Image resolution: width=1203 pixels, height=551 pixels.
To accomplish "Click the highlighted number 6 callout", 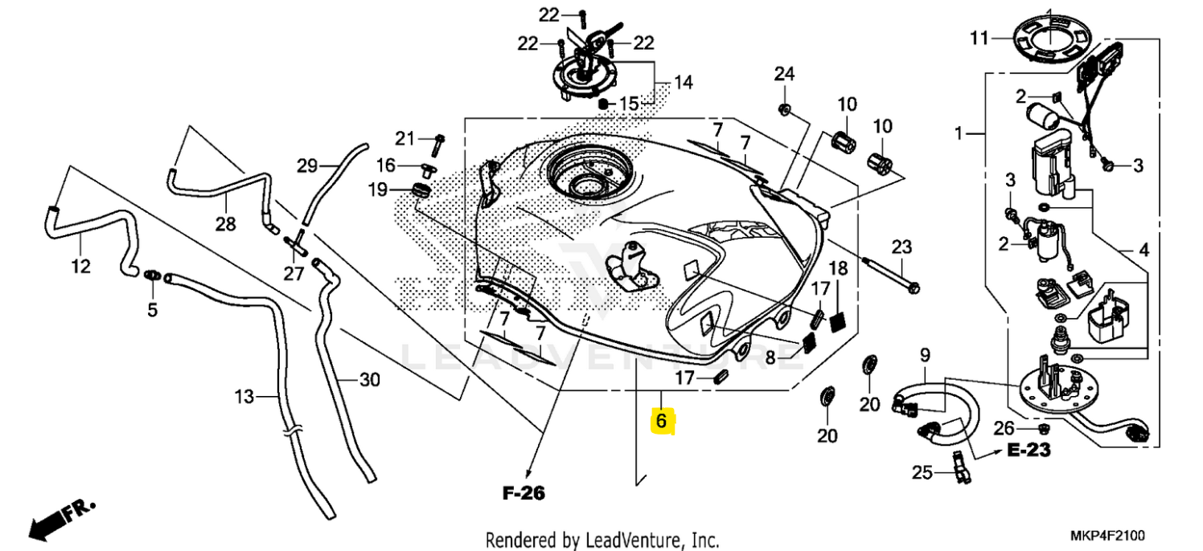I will (x=661, y=420).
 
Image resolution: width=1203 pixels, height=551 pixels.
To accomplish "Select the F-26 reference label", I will (x=523, y=493).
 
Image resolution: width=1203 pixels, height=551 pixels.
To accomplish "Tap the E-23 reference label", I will (x=1029, y=451).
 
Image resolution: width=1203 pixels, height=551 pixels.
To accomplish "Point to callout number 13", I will (x=244, y=396).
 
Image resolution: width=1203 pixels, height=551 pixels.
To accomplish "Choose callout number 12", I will (x=81, y=266).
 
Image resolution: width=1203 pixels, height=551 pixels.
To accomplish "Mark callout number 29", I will (x=307, y=166).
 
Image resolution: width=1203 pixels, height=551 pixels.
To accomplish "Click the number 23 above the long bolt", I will (x=901, y=247).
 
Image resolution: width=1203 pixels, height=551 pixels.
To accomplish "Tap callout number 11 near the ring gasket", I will (x=978, y=38).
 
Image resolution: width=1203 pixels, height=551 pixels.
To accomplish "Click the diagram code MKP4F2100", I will (x=1107, y=536).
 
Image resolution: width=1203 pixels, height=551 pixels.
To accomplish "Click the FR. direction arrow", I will (x=60, y=519).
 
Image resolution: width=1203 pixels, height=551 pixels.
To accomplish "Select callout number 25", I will (x=923, y=473).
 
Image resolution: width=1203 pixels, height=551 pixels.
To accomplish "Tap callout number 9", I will (x=925, y=354).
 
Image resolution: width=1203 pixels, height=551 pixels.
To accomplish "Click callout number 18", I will (x=838, y=268).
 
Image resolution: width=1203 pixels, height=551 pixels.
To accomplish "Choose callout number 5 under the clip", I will (x=152, y=309).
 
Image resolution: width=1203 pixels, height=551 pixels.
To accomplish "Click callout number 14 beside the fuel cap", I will (x=683, y=82).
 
